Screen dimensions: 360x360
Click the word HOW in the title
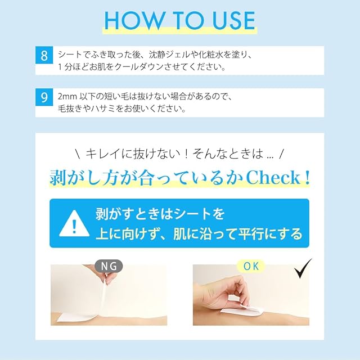tap(134, 20)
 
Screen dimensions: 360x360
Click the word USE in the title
tap(234, 20)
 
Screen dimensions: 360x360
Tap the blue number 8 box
tap(44, 55)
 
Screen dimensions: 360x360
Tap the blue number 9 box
tap(44, 97)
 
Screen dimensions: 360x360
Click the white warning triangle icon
tap(74, 223)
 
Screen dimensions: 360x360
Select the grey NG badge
tap(109, 266)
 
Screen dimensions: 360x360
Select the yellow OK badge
tap(251, 266)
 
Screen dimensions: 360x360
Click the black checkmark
tap(303, 268)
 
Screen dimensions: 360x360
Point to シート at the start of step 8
tap(70, 55)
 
